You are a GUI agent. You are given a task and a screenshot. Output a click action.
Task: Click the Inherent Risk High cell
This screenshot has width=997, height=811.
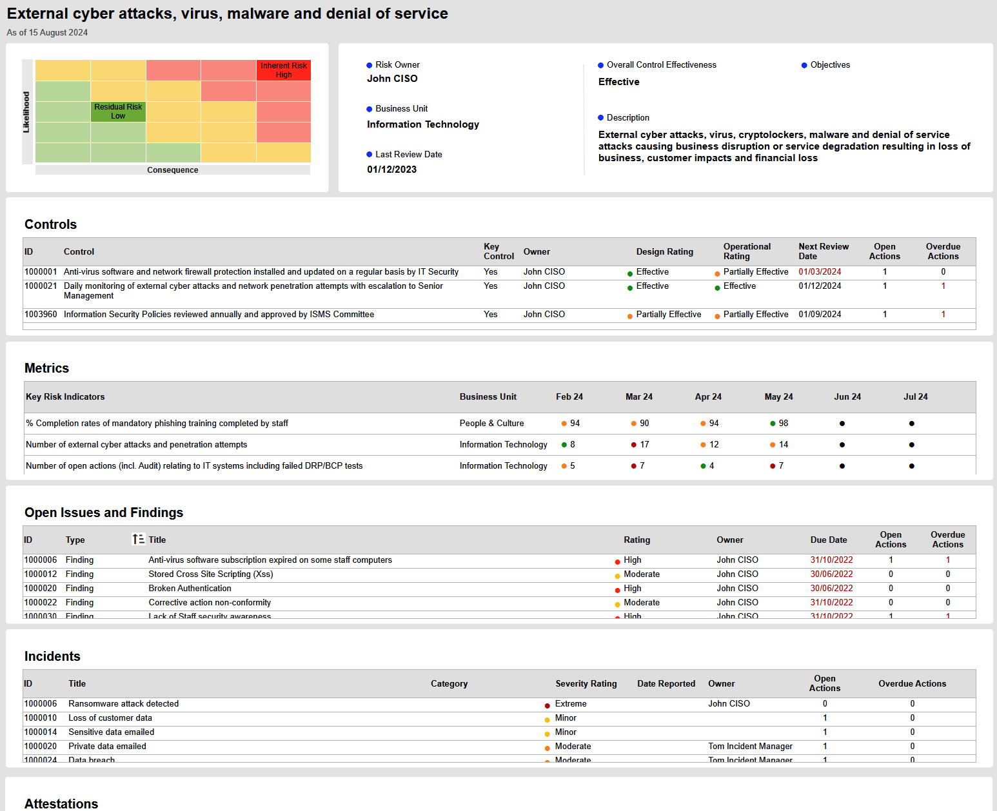click(x=284, y=70)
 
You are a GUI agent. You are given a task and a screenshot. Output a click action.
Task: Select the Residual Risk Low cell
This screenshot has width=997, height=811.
click(x=118, y=112)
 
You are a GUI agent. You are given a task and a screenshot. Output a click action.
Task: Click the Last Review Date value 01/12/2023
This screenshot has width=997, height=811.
click(x=391, y=170)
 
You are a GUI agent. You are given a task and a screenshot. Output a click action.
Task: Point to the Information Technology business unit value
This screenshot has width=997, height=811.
click(x=422, y=124)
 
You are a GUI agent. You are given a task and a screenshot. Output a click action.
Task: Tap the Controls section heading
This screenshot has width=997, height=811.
click(x=50, y=224)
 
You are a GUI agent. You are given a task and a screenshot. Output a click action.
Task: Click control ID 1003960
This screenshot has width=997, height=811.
click(x=41, y=315)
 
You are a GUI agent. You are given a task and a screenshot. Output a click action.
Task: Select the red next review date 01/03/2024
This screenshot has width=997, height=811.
click(x=820, y=272)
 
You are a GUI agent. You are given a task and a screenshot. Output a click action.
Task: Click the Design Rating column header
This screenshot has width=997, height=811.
click(x=664, y=252)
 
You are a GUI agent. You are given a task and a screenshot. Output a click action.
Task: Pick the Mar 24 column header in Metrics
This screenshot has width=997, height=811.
click(x=638, y=397)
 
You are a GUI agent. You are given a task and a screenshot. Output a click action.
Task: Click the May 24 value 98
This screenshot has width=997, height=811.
click(x=783, y=424)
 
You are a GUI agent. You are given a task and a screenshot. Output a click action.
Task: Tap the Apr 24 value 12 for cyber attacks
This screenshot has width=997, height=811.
click(x=713, y=445)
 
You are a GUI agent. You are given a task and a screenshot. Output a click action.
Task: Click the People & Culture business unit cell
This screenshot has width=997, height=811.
click(x=491, y=424)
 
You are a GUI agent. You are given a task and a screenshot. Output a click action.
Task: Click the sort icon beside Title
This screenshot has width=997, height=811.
click(x=138, y=540)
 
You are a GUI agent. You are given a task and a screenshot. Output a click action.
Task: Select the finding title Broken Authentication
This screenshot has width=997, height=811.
click(x=190, y=589)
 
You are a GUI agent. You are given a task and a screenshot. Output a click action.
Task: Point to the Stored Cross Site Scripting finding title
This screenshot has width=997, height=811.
click(x=210, y=574)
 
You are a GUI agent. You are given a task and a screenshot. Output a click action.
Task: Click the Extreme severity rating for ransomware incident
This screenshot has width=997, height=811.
click(x=570, y=704)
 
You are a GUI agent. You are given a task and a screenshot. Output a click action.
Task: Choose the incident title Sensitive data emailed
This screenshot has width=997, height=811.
click(x=111, y=732)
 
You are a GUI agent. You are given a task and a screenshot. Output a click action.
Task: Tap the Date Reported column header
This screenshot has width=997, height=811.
click(x=666, y=684)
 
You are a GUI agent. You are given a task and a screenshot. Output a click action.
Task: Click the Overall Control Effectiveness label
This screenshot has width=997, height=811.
click(x=661, y=65)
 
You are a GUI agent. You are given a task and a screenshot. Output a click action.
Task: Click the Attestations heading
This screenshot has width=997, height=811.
click(x=61, y=804)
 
